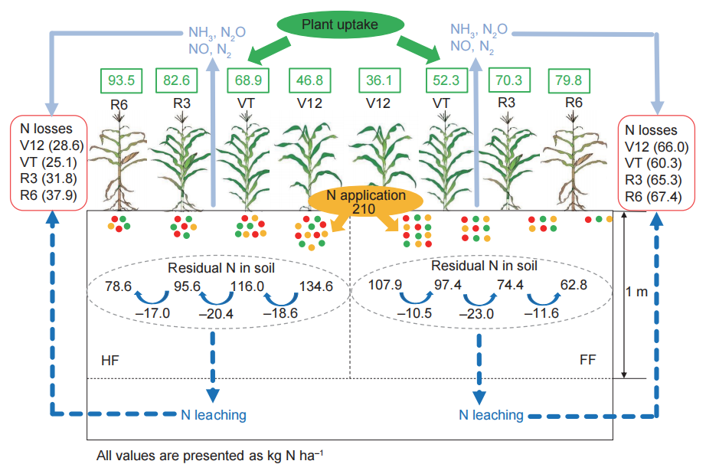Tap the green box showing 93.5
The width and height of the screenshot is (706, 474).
[x=123, y=79]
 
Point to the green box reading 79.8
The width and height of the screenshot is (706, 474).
[x=572, y=79]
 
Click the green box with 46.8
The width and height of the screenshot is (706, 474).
[x=309, y=79]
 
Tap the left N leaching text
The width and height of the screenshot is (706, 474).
[x=214, y=415]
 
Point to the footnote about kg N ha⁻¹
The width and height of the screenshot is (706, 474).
[x=217, y=456]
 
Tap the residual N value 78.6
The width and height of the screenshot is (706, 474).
[x=118, y=287]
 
